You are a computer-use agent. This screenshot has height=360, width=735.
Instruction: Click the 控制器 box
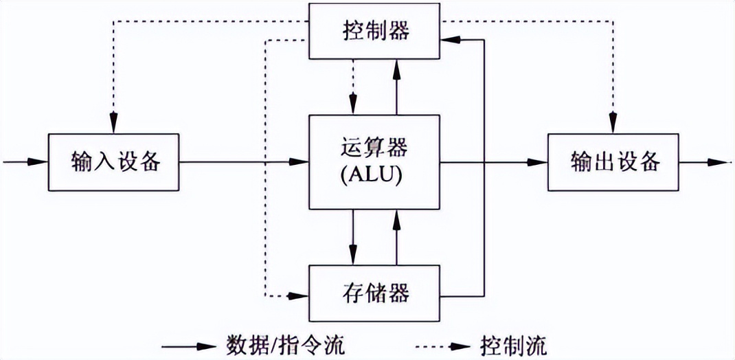tap(374, 31)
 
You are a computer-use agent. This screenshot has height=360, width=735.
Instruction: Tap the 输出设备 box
tap(613, 162)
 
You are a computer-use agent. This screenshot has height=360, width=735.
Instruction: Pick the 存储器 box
tap(374, 293)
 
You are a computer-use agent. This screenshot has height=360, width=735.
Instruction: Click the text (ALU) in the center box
tap(374, 176)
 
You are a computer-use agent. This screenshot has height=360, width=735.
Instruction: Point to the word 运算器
tap(374, 148)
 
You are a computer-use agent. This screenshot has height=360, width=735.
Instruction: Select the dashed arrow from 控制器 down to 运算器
tap(352, 87)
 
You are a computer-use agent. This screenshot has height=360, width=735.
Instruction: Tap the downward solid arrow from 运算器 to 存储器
tap(352, 237)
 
